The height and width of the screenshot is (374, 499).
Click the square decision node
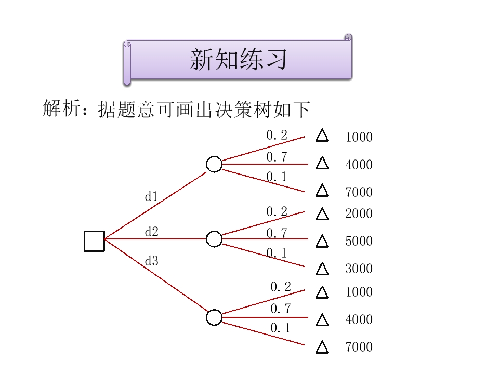[94, 241]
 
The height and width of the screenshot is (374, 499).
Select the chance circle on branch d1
[214, 164]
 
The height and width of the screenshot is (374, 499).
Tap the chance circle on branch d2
[214, 239]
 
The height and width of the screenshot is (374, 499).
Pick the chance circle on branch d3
[214, 317]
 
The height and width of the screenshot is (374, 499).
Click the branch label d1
[151, 197]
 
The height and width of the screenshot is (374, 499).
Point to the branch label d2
[151, 232]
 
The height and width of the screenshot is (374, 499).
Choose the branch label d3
[151, 261]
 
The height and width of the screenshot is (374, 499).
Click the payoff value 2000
[359, 214]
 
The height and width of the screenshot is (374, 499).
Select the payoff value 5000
[359, 242]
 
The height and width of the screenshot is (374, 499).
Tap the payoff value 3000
[359, 269]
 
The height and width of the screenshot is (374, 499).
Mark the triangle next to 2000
[322, 214]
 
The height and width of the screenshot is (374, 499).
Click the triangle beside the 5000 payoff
[322, 242]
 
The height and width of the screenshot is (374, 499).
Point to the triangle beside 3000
[322, 269]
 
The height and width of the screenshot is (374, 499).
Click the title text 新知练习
[238, 60]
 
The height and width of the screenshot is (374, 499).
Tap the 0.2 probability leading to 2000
[277, 211]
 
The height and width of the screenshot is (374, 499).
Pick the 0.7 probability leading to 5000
[277, 234]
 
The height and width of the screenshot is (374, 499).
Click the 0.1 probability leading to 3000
[277, 253]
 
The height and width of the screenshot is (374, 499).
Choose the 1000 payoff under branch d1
[359, 138]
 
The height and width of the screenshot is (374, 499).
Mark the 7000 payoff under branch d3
[359, 347]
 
